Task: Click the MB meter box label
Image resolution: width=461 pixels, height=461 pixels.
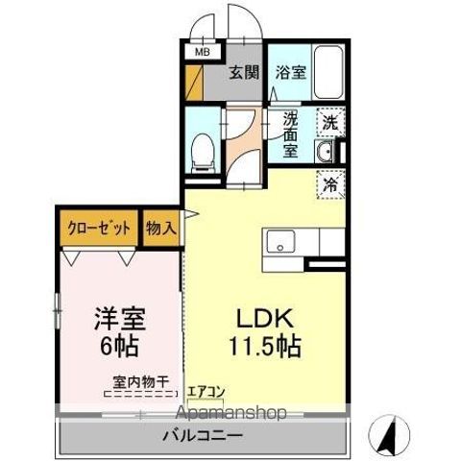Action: (203, 52)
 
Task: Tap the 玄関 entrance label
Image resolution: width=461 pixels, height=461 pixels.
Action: (244, 73)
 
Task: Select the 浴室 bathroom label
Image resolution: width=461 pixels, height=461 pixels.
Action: (291, 73)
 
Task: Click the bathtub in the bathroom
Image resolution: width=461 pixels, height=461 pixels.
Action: (328, 73)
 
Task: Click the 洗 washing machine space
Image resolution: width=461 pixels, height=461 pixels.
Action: (330, 123)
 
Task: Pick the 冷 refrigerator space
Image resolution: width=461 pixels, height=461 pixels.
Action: (330, 184)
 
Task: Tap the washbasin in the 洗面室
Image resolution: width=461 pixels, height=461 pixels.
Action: (324, 151)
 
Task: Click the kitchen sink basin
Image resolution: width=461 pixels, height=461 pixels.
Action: (281, 242)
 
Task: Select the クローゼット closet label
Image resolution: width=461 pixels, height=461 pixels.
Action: (99, 229)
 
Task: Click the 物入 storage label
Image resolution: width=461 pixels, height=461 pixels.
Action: (161, 229)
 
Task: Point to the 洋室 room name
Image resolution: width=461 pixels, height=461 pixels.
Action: (120, 319)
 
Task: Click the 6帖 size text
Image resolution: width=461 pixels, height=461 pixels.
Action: (119, 346)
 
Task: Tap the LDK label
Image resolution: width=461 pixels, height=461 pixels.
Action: (265, 318)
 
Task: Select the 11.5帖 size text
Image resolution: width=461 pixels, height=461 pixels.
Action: (264, 346)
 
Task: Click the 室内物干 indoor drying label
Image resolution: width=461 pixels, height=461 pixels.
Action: (140, 381)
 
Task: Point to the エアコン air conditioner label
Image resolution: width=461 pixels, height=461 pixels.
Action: (206, 392)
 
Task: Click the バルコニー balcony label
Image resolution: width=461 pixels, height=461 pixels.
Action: (203, 435)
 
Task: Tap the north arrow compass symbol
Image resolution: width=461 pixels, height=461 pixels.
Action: (389, 435)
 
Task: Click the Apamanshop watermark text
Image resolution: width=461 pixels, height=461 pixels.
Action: (230, 413)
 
